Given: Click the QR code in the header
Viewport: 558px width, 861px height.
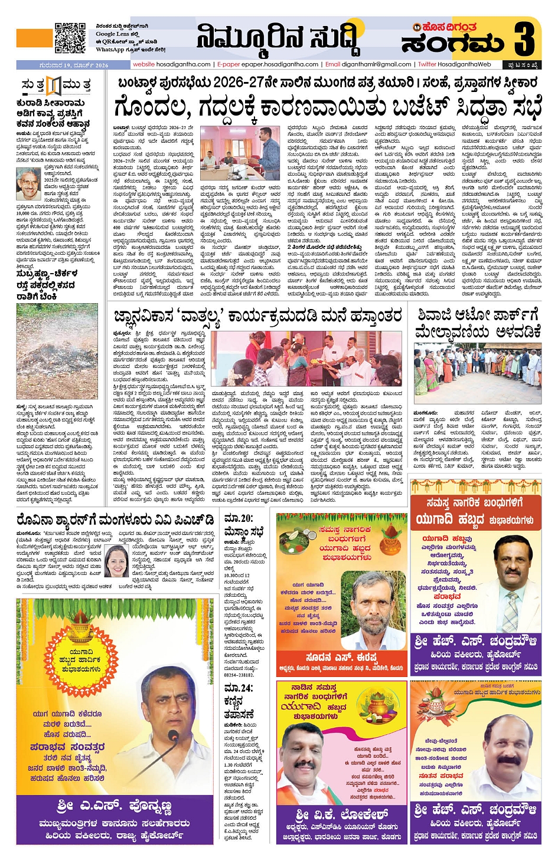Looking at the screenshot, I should pyautogui.click(x=70, y=38).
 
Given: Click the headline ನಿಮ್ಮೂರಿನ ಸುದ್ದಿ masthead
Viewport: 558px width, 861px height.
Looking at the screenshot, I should pyautogui.click(x=278, y=38).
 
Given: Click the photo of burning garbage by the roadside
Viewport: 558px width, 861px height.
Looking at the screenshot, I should pyautogui.click(x=57, y=351).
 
